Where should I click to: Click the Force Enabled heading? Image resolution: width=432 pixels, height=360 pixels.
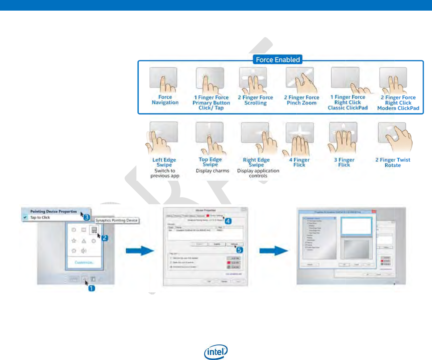pos(278,60)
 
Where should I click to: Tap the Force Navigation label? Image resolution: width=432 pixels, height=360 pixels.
pos(165,100)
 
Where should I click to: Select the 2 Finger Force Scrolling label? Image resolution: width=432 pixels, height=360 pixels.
pos(255,100)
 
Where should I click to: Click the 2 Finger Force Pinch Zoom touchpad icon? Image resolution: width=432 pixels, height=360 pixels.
pos(300,80)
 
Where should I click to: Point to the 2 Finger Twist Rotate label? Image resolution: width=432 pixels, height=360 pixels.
pos(393,162)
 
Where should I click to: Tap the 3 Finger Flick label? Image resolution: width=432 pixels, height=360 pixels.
pos(344,162)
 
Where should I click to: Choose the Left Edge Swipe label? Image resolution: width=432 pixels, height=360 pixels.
pos(164,162)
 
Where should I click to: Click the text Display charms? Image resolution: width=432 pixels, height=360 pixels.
pos(213,171)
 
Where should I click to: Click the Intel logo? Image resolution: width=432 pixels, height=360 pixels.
pos(216,352)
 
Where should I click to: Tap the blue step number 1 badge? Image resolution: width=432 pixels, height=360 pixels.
pos(92,288)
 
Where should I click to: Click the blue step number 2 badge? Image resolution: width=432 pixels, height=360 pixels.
pos(105,238)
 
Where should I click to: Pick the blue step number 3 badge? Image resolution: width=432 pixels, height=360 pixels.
pos(87,217)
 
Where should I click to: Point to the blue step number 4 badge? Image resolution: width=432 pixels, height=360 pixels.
pos(228,221)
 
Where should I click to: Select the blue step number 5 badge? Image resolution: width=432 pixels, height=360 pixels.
pos(239,250)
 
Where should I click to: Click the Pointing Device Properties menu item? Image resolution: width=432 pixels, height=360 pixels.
pos(53,211)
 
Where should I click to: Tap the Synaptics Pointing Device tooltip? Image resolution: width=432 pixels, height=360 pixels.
pos(116,220)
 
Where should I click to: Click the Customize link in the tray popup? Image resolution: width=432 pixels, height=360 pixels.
pos(84,262)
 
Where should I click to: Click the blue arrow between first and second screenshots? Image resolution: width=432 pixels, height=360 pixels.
pos(140,250)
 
